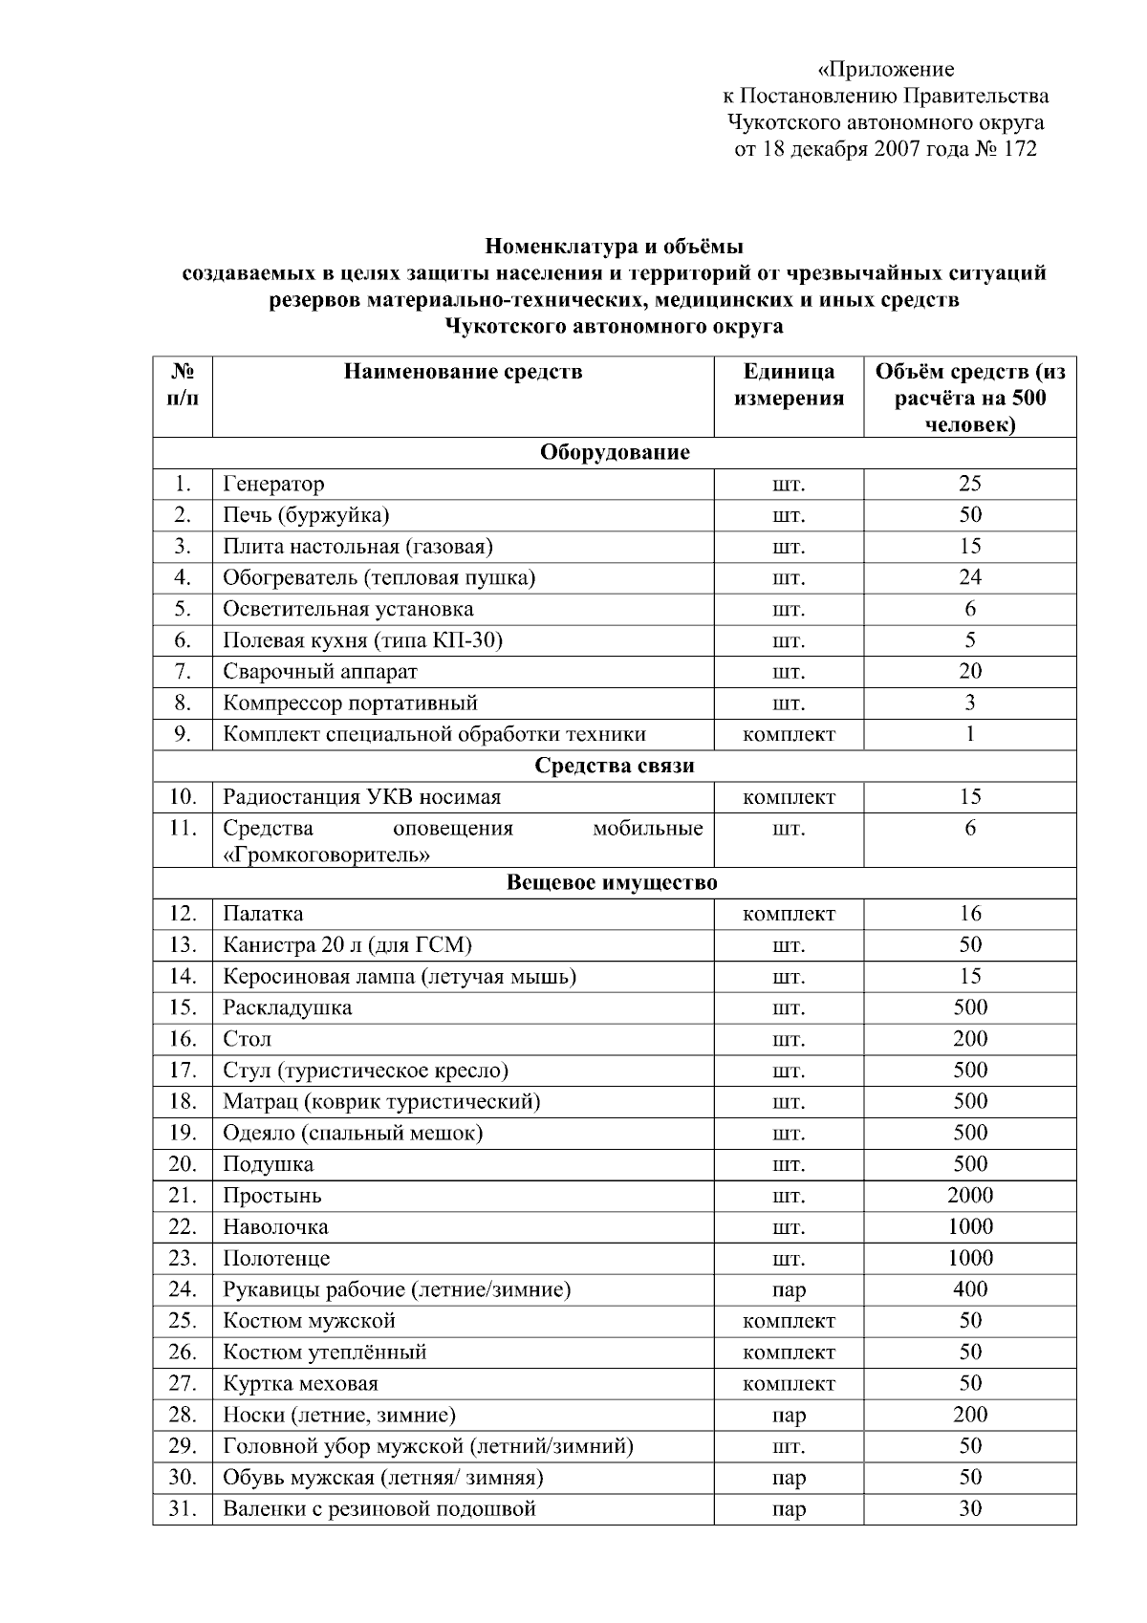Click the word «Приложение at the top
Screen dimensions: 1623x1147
(886, 69)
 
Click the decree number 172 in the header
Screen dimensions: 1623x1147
(1020, 148)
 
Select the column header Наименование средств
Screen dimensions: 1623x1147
(463, 372)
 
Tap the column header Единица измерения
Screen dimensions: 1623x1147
(789, 384)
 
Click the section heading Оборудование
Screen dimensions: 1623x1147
(614, 452)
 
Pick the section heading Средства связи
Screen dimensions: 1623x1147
(614, 766)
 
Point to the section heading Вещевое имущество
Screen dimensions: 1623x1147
(612, 882)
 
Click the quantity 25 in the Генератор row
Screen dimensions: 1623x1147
(969, 484)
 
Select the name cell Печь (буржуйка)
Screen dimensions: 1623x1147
(306, 515)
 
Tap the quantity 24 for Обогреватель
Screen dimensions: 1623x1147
(969, 577)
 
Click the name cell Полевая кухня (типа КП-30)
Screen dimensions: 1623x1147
(362, 640)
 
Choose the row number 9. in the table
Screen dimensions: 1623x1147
(184, 734)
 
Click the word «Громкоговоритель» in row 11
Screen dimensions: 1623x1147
(326, 855)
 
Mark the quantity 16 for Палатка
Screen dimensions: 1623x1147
(969, 914)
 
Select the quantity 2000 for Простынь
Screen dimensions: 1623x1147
(969, 1196)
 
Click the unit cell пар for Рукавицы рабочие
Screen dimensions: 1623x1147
(789, 1290)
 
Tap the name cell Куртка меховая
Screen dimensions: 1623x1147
(300, 1384)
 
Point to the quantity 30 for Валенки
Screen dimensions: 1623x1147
(969, 1509)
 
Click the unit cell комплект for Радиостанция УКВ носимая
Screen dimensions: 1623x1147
(789, 797)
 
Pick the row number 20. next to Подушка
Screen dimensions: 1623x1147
(183, 1164)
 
